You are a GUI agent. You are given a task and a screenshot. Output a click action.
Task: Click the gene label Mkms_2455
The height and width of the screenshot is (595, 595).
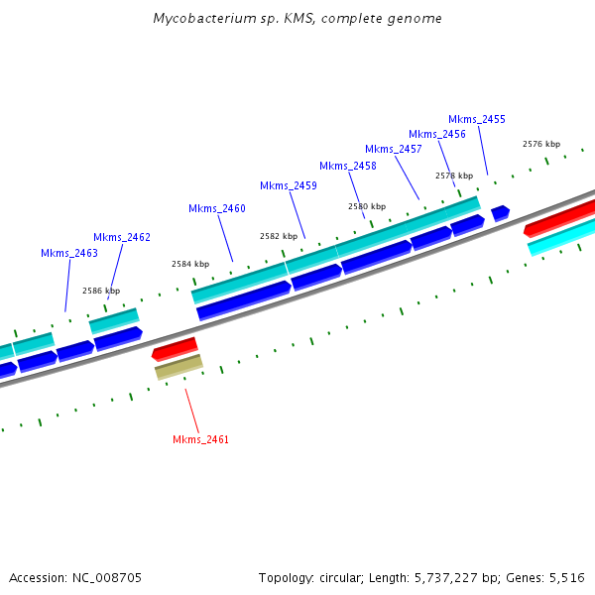[x=477, y=119]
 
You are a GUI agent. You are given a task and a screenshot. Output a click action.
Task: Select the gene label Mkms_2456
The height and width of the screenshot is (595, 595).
[x=437, y=134]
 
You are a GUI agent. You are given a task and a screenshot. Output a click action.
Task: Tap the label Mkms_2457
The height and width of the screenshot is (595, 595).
[x=394, y=149]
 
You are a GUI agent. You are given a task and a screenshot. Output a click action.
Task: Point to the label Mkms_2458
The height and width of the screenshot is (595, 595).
[x=348, y=166]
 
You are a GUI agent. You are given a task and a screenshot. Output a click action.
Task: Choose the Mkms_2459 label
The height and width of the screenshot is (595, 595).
[x=289, y=185]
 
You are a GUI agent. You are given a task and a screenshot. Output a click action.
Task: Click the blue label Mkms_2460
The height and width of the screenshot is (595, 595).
[x=217, y=208]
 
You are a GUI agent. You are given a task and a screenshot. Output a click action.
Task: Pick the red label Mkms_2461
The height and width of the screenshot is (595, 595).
[x=201, y=439]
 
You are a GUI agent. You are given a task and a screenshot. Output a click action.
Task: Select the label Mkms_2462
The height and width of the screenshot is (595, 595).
[x=122, y=237]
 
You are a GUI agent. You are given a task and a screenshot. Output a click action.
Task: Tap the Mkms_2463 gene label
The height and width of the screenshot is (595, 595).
[x=69, y=253]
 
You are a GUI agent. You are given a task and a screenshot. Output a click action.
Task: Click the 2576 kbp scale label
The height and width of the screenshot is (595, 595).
[x=541, y=144]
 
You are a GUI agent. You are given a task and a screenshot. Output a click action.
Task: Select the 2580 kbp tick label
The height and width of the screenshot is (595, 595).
[x=367, y=206]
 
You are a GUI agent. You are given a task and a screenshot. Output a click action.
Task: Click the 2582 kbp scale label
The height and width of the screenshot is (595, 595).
[x=279, y=236]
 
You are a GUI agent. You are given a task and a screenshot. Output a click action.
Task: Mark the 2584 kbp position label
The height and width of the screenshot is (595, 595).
[x=190, y=264]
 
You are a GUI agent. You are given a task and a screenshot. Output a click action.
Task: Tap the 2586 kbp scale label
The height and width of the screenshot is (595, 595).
[x=101, y=291]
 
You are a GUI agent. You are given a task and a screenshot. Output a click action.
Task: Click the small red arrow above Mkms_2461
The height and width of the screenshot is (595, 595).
[x=175, y=348]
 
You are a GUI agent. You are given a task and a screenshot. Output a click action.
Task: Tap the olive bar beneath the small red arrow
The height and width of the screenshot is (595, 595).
[x=178, y=367]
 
